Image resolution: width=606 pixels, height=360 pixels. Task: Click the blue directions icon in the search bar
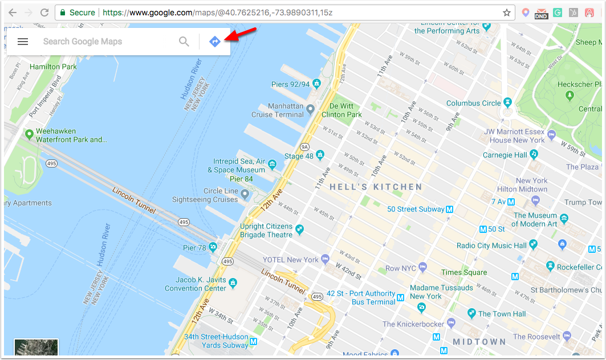coord(214,42)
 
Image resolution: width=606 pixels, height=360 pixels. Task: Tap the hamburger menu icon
coord(23,42)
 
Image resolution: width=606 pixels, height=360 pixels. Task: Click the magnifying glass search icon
coord(184,42)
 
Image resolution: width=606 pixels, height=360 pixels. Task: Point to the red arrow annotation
coord(239,36)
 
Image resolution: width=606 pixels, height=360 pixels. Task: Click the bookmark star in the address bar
coord(506,13)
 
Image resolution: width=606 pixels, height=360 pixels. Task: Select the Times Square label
coord(464,272)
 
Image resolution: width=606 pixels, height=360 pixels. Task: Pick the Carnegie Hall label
coord(505,154)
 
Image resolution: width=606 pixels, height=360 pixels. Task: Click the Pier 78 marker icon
coord(213,247)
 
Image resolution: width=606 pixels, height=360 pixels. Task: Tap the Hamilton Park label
coord(53,67)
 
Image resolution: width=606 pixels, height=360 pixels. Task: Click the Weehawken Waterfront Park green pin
coord(29,134)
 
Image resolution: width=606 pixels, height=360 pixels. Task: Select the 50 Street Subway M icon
coord(449,210)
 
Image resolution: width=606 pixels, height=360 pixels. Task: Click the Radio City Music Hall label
coord(491,246)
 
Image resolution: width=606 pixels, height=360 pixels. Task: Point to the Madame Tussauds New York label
coord(441,292)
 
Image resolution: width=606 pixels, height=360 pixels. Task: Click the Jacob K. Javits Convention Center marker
coord(232,282)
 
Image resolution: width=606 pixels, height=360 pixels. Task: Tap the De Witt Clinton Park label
coord(341,110)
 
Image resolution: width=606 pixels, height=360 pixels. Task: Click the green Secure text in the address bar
coord(82,13)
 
